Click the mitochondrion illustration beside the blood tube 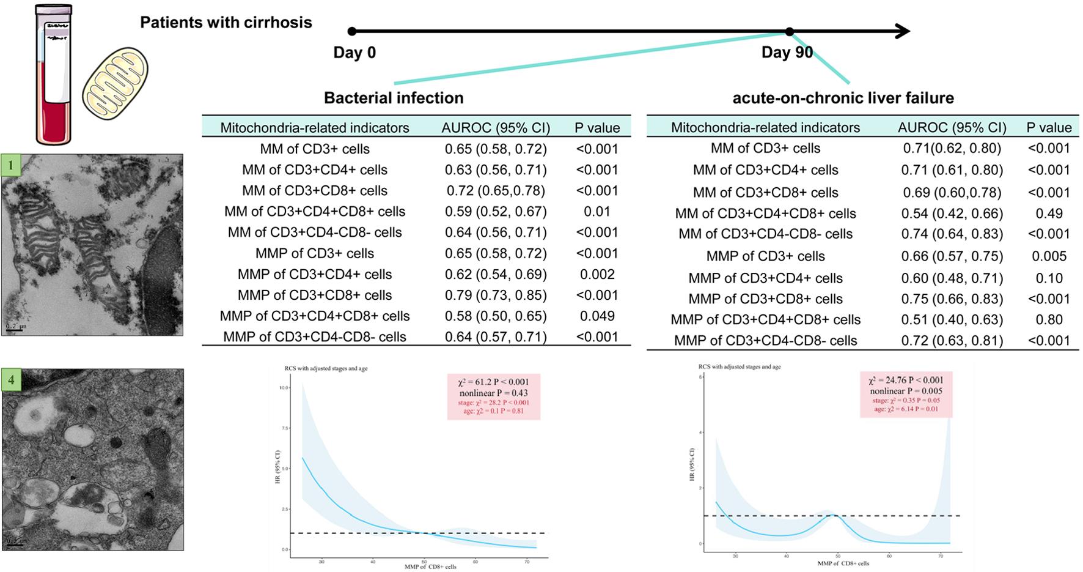[x=115, y=86]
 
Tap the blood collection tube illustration [x=54, y=73]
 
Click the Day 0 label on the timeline [x=354, y=53]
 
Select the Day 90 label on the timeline [x=787, y=53]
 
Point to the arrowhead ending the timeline [x=903, y=31]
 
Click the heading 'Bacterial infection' [x=394, y=98]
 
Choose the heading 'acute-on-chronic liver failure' [x=843, y=98]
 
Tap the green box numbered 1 [x=11, y=165]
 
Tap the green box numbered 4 [x=11, y=380]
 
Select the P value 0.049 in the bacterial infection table [x=597, y=316]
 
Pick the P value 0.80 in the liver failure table [x=1049, y=319]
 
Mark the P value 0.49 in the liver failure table [x=1049, y=214]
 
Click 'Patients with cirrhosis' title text [x=226, y=23]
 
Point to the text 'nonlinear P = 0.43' [x=494, y=393]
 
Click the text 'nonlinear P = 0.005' [x=906, y=391]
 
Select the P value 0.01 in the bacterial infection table [x=597, y=211]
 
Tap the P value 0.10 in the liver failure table [x=1049, y=278]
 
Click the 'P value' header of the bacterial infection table [x=597, y=128]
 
